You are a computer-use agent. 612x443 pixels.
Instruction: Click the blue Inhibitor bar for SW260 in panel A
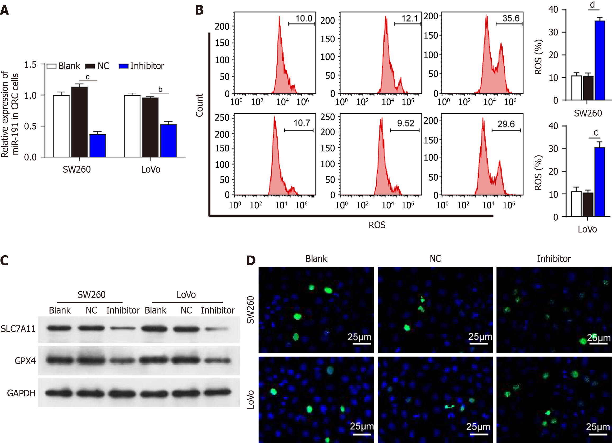(x=97, y=146)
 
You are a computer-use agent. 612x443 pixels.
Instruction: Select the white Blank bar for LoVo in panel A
(x=132, y=126)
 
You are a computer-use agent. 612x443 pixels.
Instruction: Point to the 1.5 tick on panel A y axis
(x=30, y=65)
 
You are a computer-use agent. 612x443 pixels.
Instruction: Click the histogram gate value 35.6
(x=511, y=18)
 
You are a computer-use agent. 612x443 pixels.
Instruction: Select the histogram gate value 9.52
(x=405, y=123)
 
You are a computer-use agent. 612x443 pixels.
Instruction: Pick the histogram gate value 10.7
(x=302, y=123)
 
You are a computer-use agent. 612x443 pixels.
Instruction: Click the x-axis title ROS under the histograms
(x=377, y=225)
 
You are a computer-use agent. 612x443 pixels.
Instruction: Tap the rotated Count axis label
(x=199, y=105)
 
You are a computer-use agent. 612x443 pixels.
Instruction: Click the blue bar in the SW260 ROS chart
(x=600, y=61)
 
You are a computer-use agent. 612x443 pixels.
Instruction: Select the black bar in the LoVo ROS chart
(x=588, y=204)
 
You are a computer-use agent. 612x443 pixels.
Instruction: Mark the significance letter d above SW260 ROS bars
(x=592, y=5)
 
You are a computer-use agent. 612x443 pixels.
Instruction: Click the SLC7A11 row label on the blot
(x=18, y=329)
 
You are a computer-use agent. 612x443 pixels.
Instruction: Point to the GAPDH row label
(x=21, y=393)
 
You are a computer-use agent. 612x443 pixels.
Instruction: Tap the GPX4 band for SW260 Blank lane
(x=60, y=360)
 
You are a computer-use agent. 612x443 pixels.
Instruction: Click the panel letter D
(x=251, y=261)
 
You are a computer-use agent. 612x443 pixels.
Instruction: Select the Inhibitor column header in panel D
(x=554, y=259)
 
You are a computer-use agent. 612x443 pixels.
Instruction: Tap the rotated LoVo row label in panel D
(x=250, y=400)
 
